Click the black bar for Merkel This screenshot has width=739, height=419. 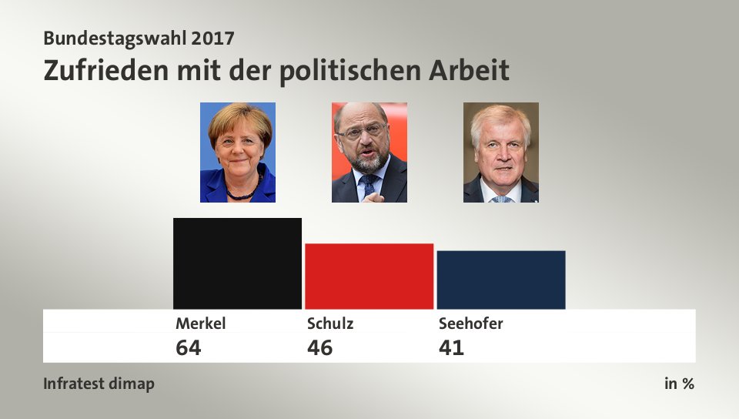click(x=237, y=263)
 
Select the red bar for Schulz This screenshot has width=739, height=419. click(x=369, y=276)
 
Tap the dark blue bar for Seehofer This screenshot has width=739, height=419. click(x=500, y=280)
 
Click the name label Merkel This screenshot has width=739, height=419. click(x=200, y=323)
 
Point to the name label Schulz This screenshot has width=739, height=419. click(x=330, y=323)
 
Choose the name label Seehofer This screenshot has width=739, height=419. click(x=470, y=323)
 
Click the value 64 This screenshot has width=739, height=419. click(x=189, y=348)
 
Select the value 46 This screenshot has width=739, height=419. click(x=319, y=348)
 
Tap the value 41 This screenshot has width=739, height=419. click(x=451, y=348)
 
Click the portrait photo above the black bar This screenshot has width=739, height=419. click(x=238, y=153)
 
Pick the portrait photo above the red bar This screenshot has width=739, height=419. click(x=369, y=153)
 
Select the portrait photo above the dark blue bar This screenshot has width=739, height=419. click(x=501, y=153)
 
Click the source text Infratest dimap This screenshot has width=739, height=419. click(x=99, y=384)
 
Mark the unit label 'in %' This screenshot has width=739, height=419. click(x=679, y=384)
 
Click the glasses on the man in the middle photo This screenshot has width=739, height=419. click(x=361, y=132)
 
